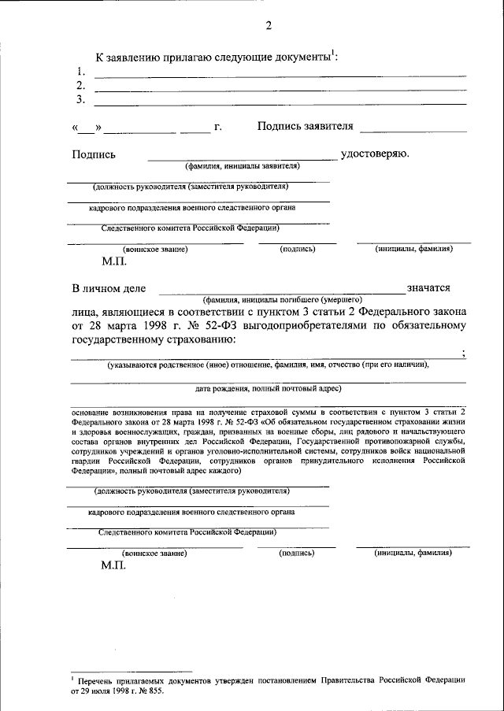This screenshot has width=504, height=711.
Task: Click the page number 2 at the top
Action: pos(268,24)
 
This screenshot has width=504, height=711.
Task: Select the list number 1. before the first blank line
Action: pos(80,72)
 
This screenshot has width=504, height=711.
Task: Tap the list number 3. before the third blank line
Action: pos(80,100)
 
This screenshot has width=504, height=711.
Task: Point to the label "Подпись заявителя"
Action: pos(306,126)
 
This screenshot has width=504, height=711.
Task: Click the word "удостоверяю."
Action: pos(375,153)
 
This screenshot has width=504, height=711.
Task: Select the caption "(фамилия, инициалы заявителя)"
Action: pos(243,167)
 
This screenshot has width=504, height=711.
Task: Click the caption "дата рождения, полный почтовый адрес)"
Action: pos(268,388)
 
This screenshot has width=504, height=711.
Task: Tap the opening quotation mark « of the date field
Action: pos(76,127)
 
